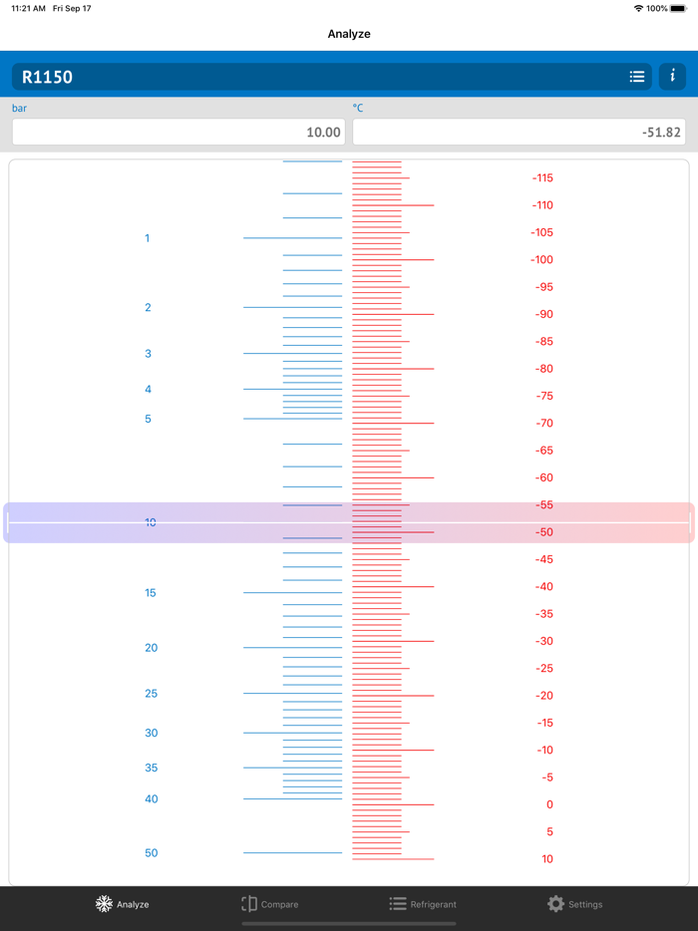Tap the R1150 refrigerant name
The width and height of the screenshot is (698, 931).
click(x=48, y=77)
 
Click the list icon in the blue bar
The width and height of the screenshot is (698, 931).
click(x=637, y=77)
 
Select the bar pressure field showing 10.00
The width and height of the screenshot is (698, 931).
click(x=176, y=132)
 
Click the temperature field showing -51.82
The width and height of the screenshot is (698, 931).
click(x=519, y=132)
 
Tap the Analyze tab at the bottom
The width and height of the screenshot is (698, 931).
click(x=122, y=904)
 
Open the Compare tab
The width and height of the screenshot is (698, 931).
click(x=270, y=904)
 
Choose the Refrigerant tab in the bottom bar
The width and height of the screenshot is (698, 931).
click(x=423, y=904)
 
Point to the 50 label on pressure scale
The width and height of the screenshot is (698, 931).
click(x=151, y=853)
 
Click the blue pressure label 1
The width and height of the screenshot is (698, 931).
click(x=148, y=238)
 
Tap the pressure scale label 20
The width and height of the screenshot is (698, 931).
click(x=151, y=648)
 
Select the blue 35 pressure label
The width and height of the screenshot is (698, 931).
click(x=151, y=769)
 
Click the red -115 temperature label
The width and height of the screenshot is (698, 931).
click(x=542, y=178)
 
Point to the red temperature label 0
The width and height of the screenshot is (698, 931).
click(x=548, y=805)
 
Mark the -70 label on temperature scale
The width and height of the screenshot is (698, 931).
click(x=542, y=424)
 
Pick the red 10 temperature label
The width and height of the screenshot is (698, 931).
click(x=547, y=859)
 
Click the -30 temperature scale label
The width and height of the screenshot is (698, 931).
click(x=542, y=642)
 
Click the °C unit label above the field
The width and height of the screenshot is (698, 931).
click(x=358, y=108)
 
